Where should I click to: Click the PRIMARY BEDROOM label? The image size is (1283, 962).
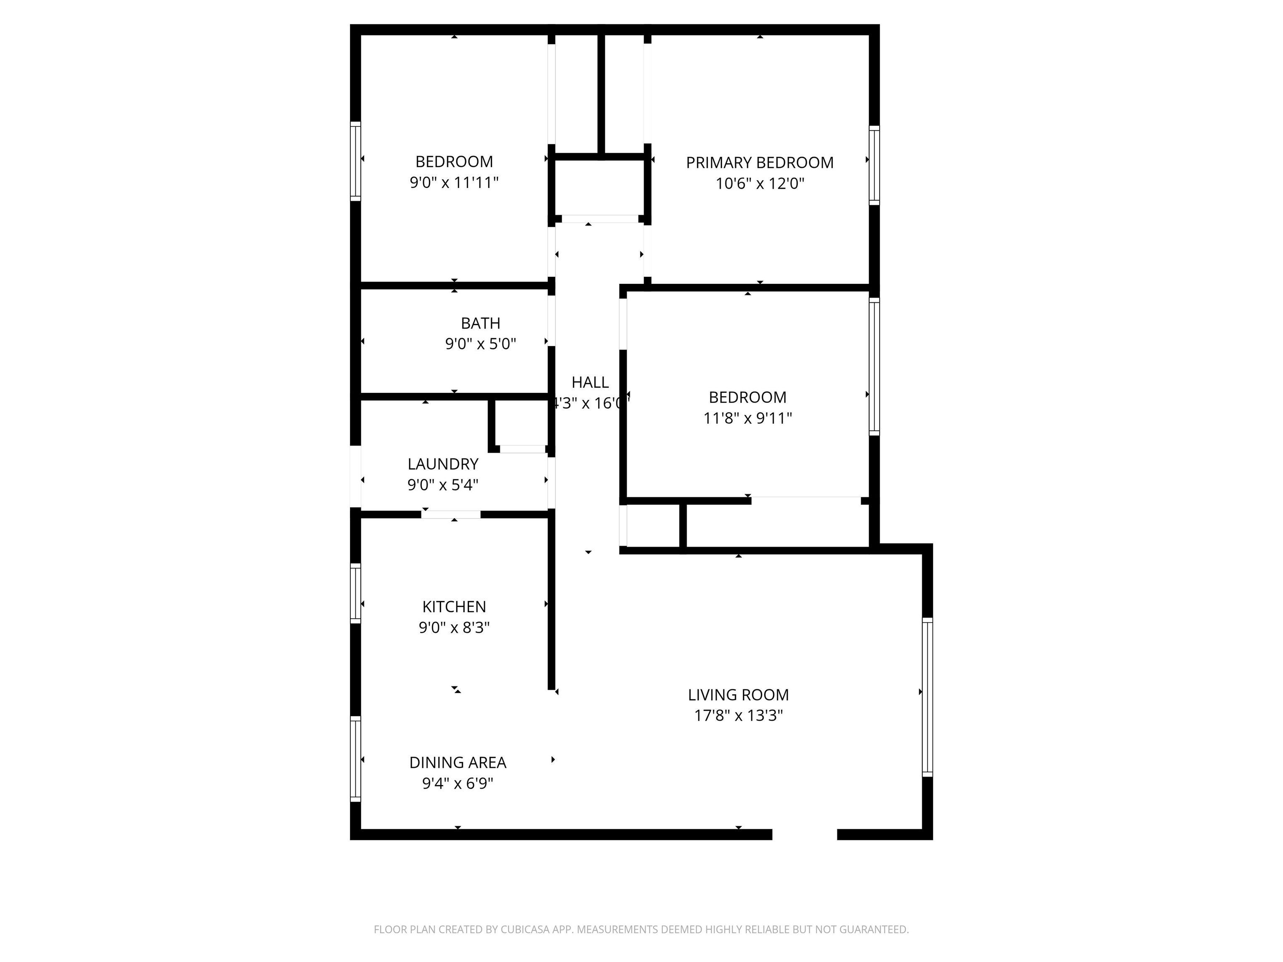click(x=759, y=162)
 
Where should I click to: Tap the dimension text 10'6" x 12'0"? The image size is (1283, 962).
click(x=759, y=184)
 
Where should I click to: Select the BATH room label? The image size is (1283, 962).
click(x=480, y=323)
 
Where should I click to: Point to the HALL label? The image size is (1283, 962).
click(x=590, y=382)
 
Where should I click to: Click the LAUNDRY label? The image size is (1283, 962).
click(x=443, y=464)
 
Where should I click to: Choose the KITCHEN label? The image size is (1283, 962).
click(x=454, y=607)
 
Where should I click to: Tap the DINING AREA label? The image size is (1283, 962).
click(x=458, y=762)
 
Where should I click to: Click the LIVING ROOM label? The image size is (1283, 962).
click(x=738, y=695)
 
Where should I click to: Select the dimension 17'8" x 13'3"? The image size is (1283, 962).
click(x=738, y=716)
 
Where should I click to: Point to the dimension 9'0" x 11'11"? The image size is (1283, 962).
click(x=454, y=182)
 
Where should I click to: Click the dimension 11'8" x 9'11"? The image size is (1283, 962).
click(x=747, y=418)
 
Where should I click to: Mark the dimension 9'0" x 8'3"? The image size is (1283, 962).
click(x=454, y=628)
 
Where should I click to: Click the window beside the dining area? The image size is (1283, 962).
click(x=355, y=759)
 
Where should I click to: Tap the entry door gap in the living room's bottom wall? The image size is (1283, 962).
click(x=804, y=834)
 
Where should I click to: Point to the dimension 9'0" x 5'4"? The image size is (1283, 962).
click(x=443, y=485)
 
